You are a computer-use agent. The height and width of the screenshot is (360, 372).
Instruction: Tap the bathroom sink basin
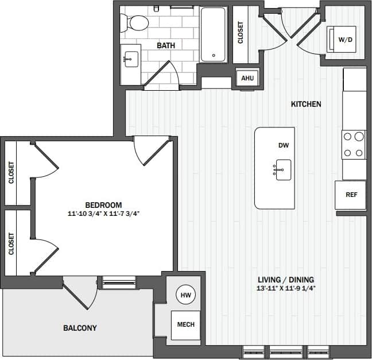pos(130,58)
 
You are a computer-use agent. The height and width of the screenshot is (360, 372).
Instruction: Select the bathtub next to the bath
pos(214,34)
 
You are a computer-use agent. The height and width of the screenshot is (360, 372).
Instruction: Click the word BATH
pos(166,45)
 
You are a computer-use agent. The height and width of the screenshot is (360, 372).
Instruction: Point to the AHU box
pos(247,78)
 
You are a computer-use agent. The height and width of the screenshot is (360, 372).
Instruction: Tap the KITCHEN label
pos(306,104)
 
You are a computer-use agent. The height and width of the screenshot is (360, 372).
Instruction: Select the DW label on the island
pos(283,146)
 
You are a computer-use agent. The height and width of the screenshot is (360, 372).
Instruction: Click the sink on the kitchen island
pos(283,170)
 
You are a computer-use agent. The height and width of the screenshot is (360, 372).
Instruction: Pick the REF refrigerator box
pos(351,195)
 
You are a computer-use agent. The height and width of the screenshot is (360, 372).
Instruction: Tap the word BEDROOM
pos(103,205)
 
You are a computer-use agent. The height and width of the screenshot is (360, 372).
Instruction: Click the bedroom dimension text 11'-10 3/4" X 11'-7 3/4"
pos(103,214)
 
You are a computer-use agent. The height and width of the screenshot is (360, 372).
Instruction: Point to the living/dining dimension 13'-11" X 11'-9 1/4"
pos(286,288)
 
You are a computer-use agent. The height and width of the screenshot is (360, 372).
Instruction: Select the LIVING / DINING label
pos(286,280)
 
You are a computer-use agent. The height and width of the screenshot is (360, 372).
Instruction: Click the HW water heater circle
pos(185,295)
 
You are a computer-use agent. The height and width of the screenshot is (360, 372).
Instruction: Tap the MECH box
pos(185,324)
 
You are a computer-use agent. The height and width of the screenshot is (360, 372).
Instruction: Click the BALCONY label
pos(79,328)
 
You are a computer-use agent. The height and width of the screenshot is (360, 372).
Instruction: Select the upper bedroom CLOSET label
pos(11,172)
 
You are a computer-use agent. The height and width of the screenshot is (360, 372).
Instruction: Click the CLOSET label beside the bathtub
pos(241,33)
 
